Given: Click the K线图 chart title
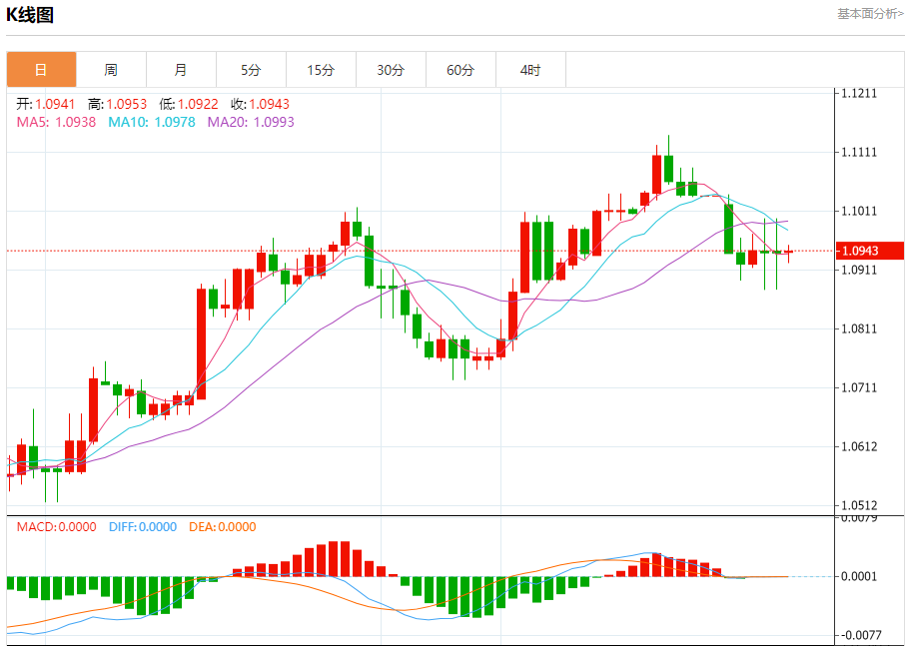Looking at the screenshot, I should (31, 15).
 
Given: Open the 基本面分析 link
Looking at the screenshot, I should (870, 14).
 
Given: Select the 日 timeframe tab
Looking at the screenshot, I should (41, 70).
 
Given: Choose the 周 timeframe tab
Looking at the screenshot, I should (111, 70).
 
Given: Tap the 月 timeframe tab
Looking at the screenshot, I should (181, 70).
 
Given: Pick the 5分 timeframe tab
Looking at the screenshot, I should (251, 70).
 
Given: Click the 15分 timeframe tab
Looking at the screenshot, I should (321, 70).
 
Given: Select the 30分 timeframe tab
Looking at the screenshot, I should (391, 70).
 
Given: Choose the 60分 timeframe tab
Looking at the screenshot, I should (460, 70).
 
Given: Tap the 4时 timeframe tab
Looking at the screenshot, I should (530, 70).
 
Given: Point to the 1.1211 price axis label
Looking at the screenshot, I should (859, 94).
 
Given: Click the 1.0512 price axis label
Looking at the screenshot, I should (859, 505).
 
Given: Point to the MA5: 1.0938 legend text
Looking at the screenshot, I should (56, 122).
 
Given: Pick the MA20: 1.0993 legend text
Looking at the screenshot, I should (251, 122).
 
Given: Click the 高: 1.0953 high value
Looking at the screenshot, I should (117, 104).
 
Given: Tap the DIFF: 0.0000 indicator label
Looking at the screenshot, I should (142, 527).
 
